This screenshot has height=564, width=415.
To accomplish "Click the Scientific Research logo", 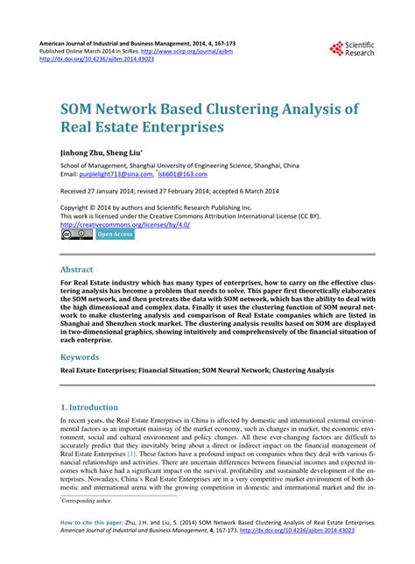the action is tap(351, 50).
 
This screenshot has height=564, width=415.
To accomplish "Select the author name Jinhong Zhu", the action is tap(84, 151).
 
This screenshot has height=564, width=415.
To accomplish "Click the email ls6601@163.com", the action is tap(209, 174).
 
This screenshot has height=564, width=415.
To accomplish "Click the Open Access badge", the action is tap(115, 235).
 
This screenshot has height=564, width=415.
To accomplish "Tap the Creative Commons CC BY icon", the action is tap(76, 235).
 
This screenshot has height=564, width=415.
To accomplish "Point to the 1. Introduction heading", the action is tap(89, 407).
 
